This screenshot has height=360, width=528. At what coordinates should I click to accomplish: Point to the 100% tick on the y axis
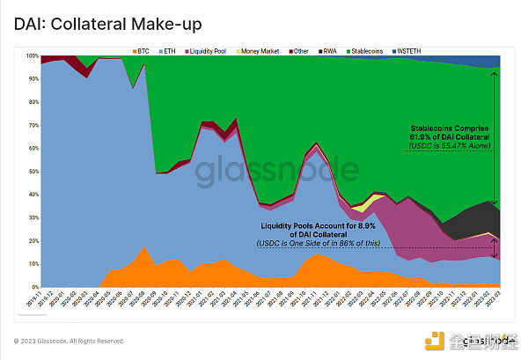33,56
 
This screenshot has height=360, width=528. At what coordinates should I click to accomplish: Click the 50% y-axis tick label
33,172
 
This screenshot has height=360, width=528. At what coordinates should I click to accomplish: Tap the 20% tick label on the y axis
33,241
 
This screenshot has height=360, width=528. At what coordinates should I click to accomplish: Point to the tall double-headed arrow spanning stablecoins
495,137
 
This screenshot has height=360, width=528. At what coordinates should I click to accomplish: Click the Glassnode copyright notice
69,341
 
